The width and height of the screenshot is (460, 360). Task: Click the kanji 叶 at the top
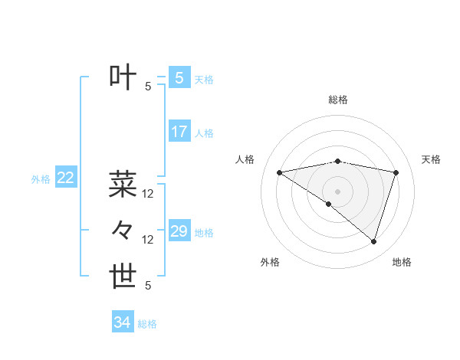pyautogui.click(x=123, y=77)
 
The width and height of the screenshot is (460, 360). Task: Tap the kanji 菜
pyautogui.click(x=123, y=184)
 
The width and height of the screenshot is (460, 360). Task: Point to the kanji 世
pyautogui.click(x=123, y=277)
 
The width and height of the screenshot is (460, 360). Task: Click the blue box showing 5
pyautogui.click(x=179, y=77)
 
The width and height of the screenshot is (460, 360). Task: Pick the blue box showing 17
pyautogui.click(x=179, y=132)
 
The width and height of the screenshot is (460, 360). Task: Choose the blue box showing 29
pyautogui.click(x=179, y=231)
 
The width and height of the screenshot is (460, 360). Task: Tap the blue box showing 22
pyautogui.click(x=65, y=178)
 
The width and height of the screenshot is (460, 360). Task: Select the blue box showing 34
pyautogui.click(x=122, y=322)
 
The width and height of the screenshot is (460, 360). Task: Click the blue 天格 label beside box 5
pyautogui.click(x=204, y=79)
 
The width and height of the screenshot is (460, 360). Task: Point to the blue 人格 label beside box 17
pyautogui.click(x=204, y=133)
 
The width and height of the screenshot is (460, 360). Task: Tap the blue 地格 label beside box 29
pyautogui.click(x=204, y=233)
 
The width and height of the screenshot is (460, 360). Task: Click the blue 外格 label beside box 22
pyautogui.click(x=41, y=179)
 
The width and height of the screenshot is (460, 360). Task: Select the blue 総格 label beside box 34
pyautogui.click(x=147, y=324)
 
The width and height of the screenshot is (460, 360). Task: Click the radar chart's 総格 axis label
pyautogui.click(x=338, y=100)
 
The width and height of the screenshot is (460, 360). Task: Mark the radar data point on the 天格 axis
pyautogui.click(x=396, y=172)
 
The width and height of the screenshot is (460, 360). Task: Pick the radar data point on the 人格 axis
pyautogui.click(x=279, y=172)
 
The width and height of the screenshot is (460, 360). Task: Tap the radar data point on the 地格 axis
pyautogui.click(x=373, y=241)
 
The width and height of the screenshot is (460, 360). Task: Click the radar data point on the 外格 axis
pyautogui.click(x=329, y=204)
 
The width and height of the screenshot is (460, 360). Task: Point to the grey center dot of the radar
pyautogui.click(x=337, y=191)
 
